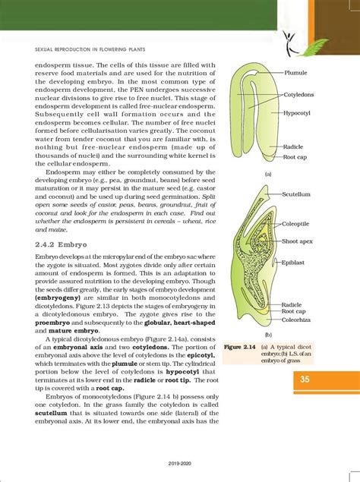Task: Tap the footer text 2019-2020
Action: pyautogui.click(x=180, y=470)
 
